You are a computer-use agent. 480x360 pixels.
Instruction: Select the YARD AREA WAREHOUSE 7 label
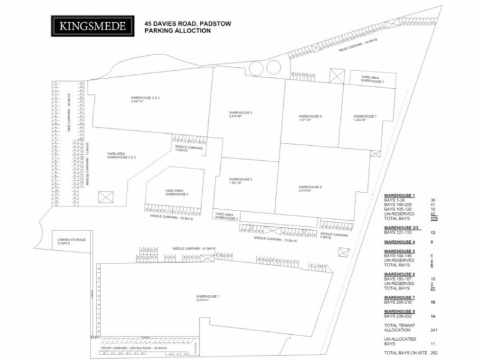pos(372,79)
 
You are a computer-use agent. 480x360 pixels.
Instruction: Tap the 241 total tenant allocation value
pos(433,329)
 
